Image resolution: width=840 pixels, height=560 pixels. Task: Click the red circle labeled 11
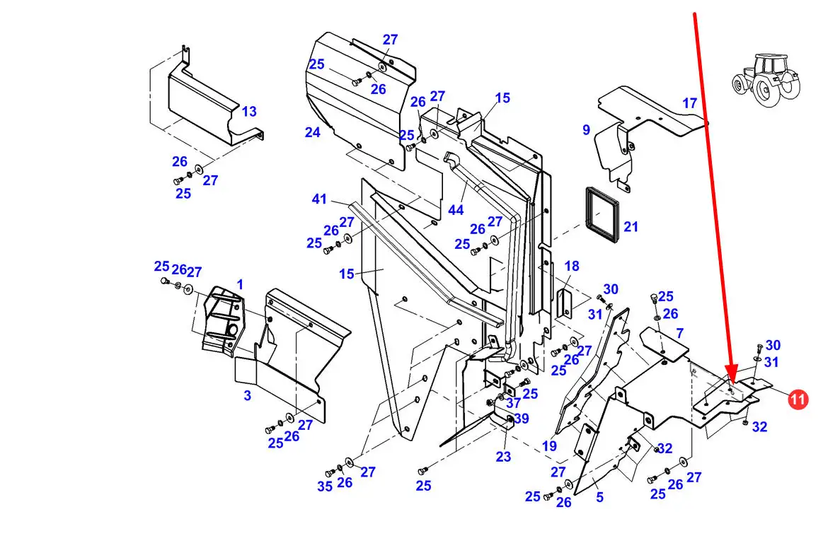[797, 399]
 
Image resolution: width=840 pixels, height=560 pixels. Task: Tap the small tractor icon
[766, 80]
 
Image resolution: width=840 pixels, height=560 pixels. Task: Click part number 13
[249, 111]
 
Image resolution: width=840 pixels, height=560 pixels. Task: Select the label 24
[312, 132]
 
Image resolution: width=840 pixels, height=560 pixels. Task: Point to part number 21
[631, 227]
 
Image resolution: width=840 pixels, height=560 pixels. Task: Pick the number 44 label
[455, 210]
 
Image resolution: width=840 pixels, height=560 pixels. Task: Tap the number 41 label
[319, 199]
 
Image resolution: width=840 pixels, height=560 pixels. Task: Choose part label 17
[689, 103]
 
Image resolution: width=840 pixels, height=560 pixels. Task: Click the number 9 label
[586, 130]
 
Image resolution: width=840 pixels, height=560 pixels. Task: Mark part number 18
[572, 266]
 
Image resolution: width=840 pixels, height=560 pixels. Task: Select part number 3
[247, 396]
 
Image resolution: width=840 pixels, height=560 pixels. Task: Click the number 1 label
[240, 284]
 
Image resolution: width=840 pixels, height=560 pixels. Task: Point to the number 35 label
[325, 486]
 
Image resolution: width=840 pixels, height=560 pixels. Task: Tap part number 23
[503, 457]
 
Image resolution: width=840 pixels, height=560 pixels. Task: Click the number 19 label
[549, 446]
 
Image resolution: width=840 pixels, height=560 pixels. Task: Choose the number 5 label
[599, 497]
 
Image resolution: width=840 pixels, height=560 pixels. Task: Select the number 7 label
[679, 334]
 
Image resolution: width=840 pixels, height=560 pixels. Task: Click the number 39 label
[522, 418]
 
